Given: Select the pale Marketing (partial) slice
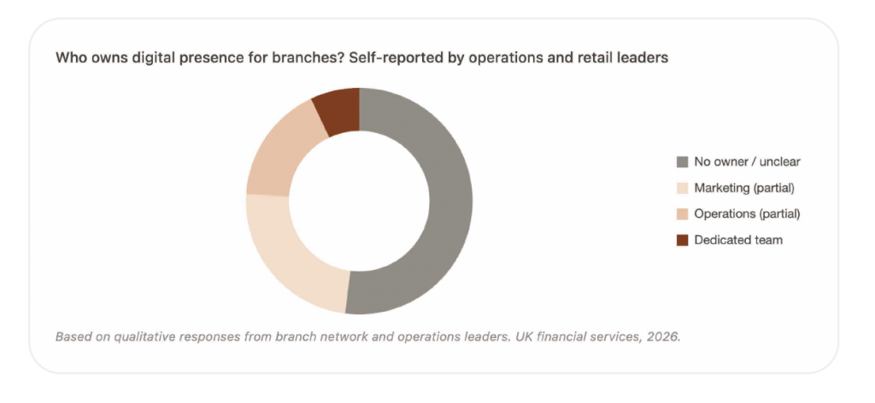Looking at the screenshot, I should click(291, 255).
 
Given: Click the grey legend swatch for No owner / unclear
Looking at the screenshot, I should click(682, 162).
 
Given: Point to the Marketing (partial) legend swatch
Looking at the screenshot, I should click(682, 188).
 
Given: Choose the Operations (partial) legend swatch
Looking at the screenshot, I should click(682, 213).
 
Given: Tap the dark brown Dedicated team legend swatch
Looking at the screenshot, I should click(682, 240).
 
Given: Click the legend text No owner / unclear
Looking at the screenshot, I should click(747, 162).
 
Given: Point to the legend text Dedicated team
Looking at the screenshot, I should click(737, 240).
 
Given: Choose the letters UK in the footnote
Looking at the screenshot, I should click(525, 336).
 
